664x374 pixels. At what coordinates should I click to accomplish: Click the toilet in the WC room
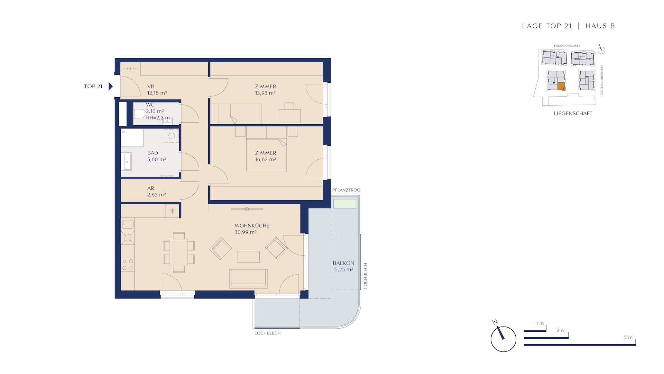click(139, 114)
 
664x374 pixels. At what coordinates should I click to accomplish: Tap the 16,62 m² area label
click(265, 160)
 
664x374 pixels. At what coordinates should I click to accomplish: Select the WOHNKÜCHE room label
click(252, 225)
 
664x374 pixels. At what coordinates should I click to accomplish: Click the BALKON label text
click(343, 263)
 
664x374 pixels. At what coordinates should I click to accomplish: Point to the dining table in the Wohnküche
click(179, 252)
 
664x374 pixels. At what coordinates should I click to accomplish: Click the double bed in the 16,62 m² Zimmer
click(266, 154)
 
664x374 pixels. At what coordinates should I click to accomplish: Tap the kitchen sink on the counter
click(128, 224)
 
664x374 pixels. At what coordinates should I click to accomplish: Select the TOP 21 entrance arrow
click(111, 86)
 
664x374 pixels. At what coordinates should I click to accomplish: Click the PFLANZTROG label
click(346, 190)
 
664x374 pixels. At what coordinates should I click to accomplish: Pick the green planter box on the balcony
click(344, 204)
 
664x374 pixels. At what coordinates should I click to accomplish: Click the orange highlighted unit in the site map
click(561, 87)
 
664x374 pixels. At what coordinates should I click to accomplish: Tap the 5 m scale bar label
click(628, 337)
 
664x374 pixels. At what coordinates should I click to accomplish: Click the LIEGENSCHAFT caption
click(573, 113)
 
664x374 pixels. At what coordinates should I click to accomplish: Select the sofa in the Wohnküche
click(248, 279)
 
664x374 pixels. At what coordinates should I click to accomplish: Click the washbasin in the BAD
click(127, 162)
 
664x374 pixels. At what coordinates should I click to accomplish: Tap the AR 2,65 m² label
click(156, 192)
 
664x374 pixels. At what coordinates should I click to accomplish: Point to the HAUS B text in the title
click(600, 26)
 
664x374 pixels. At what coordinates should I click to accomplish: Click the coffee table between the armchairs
click(248, 257)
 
